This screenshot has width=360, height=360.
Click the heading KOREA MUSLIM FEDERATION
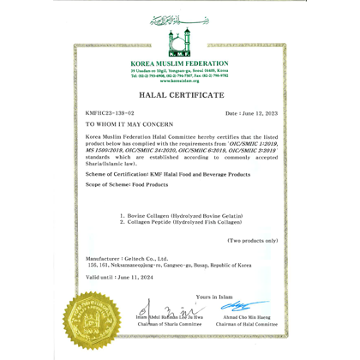[180, 64]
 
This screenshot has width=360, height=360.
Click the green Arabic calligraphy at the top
[180, 18]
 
